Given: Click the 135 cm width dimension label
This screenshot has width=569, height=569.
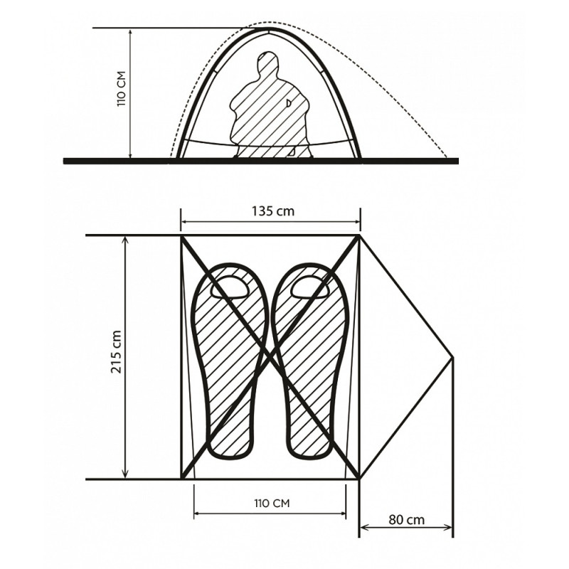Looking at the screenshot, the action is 273,211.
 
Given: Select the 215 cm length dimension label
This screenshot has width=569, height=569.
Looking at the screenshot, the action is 117,352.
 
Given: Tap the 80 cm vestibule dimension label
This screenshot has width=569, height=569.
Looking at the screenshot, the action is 406,520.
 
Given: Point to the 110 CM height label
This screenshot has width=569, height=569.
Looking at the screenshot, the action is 121,88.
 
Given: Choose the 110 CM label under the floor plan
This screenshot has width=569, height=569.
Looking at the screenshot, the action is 272,504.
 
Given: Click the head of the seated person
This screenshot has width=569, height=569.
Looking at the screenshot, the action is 268,62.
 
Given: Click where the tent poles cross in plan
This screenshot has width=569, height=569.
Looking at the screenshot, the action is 270,356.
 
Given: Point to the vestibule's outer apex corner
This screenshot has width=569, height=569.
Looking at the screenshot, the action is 453,358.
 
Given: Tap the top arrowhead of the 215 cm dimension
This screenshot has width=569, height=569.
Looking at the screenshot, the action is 126,240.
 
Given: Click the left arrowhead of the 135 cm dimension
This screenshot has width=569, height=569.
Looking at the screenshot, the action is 184,221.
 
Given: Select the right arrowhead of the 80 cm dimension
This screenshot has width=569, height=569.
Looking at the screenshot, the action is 449,527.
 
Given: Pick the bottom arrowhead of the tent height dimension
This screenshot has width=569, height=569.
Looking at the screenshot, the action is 131,154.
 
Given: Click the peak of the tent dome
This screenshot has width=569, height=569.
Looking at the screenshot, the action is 268,29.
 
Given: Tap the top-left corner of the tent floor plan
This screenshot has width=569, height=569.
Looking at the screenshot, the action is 181,236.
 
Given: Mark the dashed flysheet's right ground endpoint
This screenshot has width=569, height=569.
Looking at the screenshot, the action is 447,157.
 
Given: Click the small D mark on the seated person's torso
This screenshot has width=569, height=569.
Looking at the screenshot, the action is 289,103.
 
